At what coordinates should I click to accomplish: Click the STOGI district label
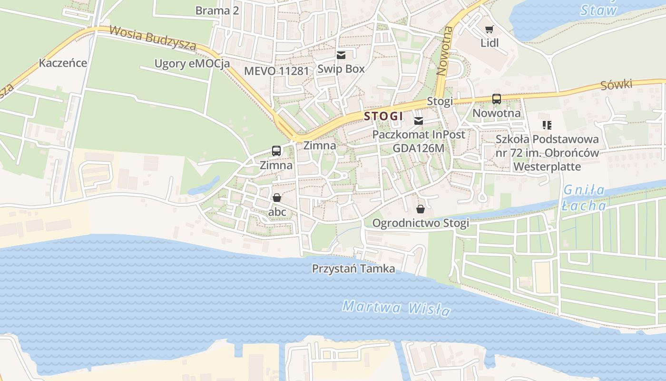tap(383, 116)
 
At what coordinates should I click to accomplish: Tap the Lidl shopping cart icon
tap(489, 30)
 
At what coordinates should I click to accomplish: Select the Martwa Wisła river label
tap(396, 308)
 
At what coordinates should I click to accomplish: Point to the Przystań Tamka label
tap(353, 269)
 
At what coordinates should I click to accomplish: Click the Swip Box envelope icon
tap(341, 55)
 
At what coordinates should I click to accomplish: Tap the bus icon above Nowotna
tap(496, 99)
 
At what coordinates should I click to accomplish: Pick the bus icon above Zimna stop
tap(276, 151)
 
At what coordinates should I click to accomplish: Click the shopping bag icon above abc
tap(277, 197)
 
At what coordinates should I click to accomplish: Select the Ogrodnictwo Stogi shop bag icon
tap(421, 209)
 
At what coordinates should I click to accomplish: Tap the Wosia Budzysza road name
tap(152, 38)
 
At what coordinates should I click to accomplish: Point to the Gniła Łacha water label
tap(584, 198)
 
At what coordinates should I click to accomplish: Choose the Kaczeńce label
tap(63, 63)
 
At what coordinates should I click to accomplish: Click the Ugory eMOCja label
tap(192, 63)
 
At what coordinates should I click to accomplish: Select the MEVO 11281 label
tap(276, 71)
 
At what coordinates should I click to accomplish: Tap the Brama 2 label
tap(217, 10)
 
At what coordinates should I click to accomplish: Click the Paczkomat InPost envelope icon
tap(419, 121)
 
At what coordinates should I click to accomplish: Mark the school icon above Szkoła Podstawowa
tap(547, 125)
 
